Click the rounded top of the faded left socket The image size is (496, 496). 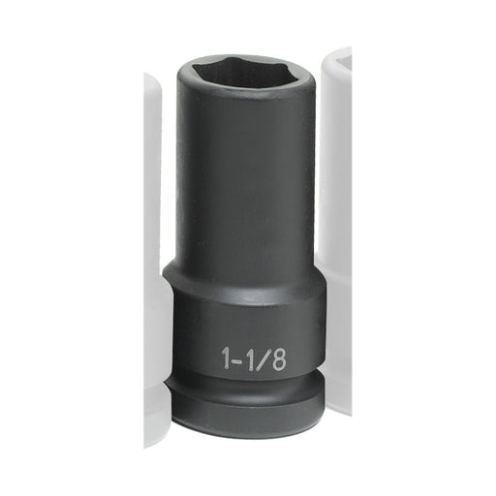pos(153,87)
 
